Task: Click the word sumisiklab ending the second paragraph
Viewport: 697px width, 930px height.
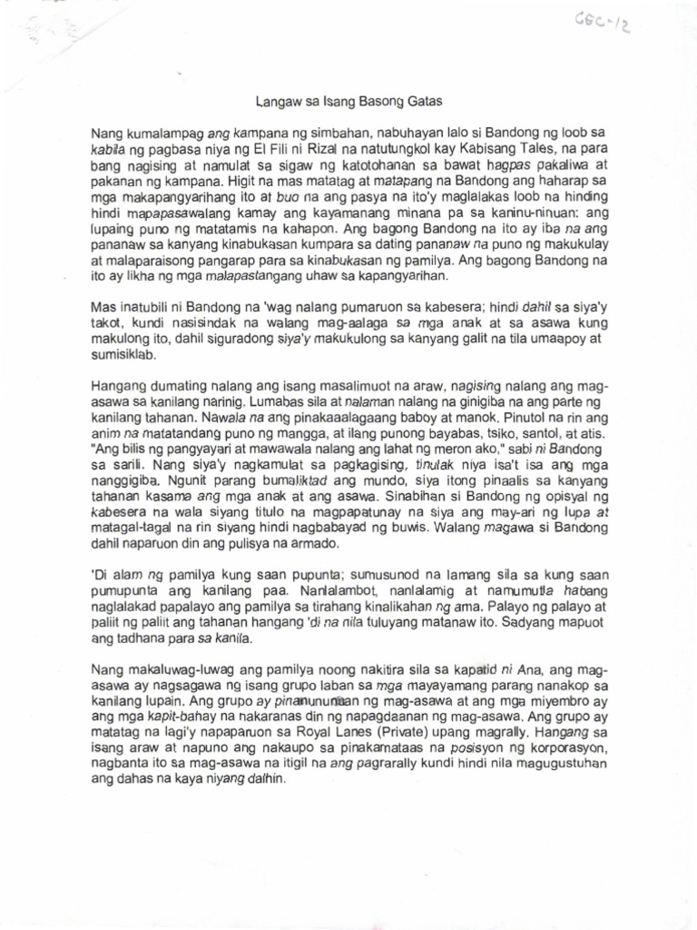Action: pyautogui.click(x=124, y=355)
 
